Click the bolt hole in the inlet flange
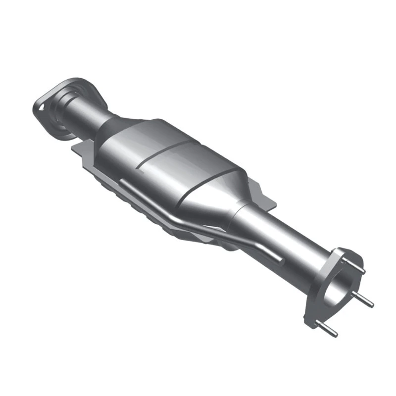pos(42,105)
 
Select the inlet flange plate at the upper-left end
pos(49,114)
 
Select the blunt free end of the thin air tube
pos(282,261)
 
